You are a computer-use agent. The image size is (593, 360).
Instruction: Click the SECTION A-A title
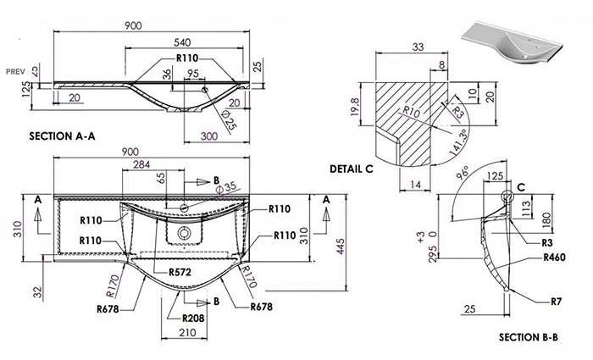pos(62,136)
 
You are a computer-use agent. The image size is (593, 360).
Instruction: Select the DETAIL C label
pos(352,169)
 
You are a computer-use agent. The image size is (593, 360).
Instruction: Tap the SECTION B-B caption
pos(529,337)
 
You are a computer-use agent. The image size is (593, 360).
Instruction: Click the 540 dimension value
pos(182,42)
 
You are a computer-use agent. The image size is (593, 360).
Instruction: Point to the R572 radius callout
pos(180,272)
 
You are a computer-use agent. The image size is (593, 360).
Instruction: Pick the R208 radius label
pos(193,318)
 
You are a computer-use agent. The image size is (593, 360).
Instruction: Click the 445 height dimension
pos(341,246)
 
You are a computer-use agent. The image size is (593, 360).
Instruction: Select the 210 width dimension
pos(187,333)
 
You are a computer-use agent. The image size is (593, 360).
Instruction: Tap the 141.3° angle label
pos(459,141)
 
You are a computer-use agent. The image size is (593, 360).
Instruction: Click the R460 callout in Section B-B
pos(554,258)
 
